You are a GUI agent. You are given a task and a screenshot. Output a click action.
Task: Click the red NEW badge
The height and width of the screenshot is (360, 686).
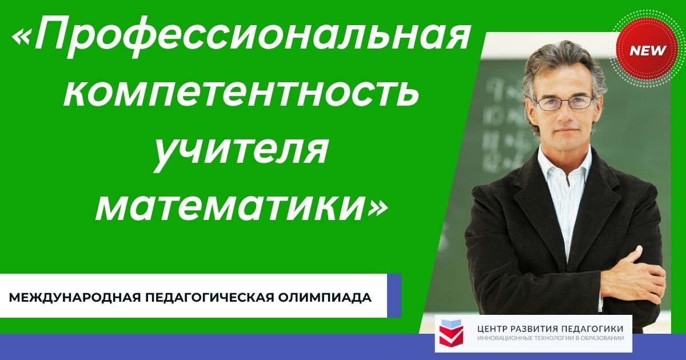[647, 50]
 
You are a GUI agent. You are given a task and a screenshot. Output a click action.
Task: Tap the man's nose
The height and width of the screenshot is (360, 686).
[564, 114]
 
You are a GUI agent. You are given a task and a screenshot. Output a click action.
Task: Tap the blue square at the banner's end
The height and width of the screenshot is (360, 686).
[394, 295]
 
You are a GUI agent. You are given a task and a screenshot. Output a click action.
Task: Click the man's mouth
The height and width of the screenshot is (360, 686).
[565, 130]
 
